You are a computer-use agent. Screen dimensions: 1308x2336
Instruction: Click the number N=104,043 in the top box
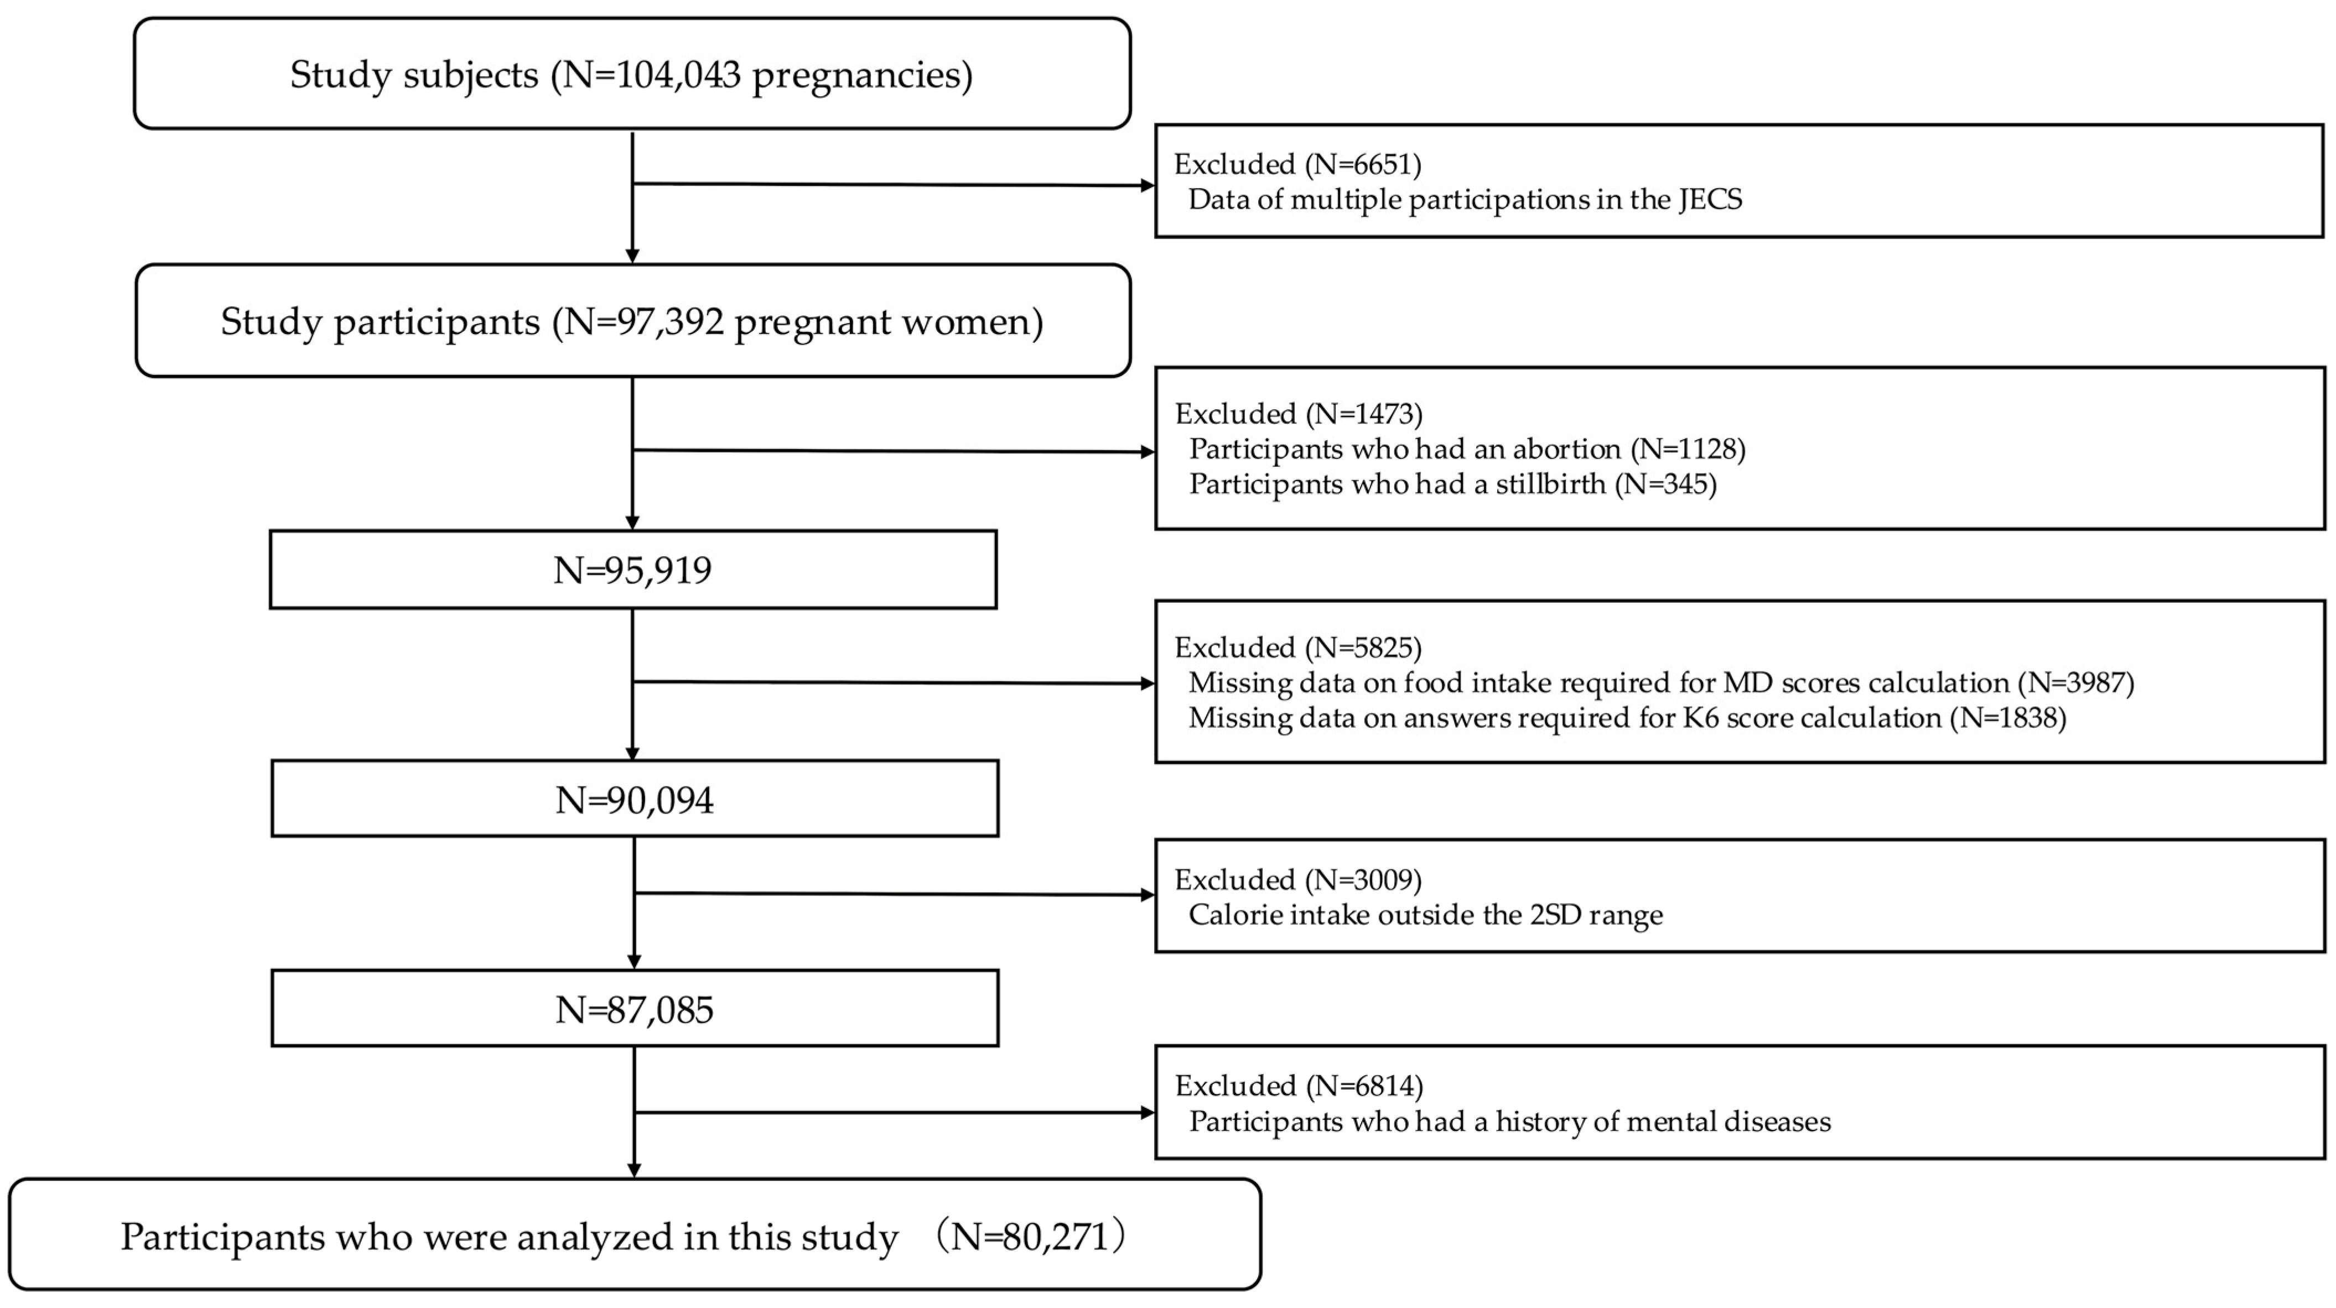pos(651,74)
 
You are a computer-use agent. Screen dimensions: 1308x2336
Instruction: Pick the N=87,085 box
pos(634,1009)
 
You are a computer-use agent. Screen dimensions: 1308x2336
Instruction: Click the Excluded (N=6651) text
pos(1297,164)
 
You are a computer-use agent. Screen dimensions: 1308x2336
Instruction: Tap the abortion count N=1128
pos(1689,449)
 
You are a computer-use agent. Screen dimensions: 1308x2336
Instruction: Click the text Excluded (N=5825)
pos(1297,647)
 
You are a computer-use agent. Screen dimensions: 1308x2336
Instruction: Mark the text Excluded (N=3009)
pos(1297,879)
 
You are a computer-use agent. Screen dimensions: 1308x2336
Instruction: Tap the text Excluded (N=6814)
pos(1297,1085)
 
